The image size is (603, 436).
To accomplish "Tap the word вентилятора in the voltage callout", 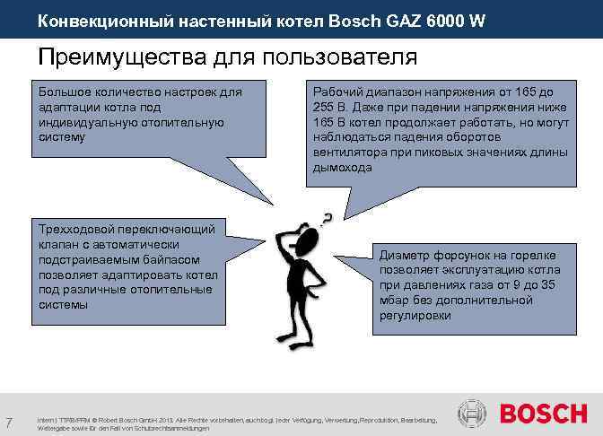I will tap(351, 153).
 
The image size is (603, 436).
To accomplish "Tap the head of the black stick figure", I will tap(307, 240).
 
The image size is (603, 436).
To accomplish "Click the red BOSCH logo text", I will tap(544, 414).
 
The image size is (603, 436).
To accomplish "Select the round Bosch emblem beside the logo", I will tap(473, 414).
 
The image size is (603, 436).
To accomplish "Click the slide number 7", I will tap(7, 423).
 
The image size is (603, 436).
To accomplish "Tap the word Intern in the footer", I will tap(45, 420).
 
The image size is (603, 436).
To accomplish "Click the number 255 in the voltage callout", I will tap(324, 107).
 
